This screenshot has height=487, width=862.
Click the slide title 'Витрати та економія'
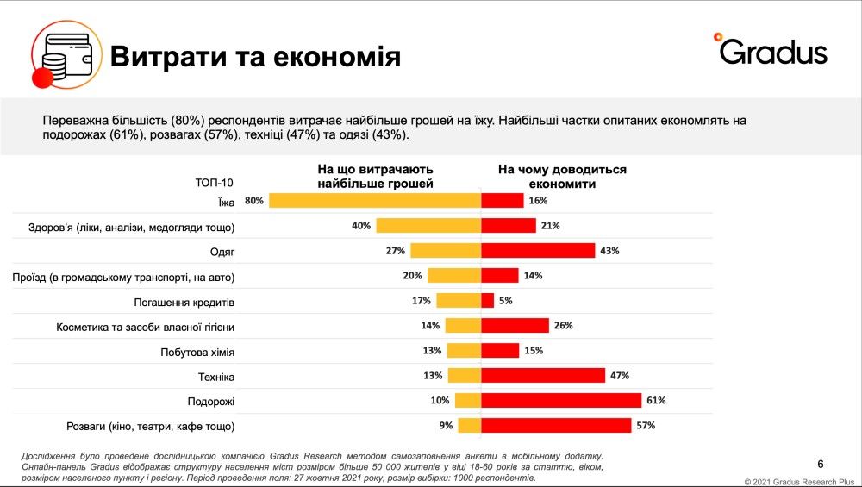254,57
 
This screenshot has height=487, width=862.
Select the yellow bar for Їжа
374,201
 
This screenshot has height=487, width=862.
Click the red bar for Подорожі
560,401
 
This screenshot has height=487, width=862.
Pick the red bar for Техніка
543,376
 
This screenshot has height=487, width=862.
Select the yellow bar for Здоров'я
428,226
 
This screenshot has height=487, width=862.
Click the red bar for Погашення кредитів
487,301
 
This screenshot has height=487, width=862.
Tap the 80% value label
253,201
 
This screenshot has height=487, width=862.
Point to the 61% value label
656,401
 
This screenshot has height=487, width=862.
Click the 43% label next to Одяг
609,251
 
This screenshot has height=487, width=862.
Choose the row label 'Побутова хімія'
197,352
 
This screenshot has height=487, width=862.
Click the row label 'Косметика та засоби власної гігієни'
146,327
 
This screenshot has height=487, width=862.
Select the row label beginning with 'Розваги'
151,426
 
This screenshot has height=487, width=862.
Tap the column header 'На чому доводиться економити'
562,177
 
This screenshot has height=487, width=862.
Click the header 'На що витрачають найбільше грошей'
375,177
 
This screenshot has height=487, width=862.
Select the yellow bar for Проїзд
453,276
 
